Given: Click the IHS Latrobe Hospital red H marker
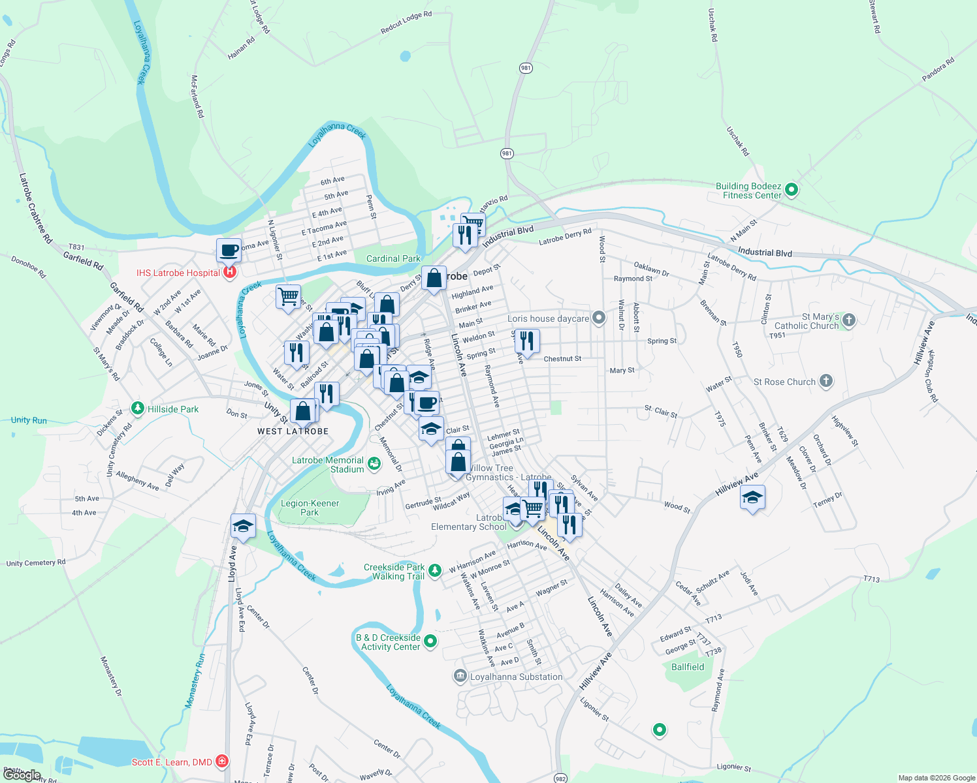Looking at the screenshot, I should point(230,272).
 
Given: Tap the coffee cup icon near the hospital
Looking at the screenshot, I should point(229,251).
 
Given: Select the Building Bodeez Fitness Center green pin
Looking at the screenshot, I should point(792,191).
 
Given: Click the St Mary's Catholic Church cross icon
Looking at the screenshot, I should point(849,320).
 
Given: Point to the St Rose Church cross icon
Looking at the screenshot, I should point(826,381).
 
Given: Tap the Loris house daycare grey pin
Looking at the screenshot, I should point(599,318).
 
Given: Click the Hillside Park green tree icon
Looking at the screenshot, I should point(137,408).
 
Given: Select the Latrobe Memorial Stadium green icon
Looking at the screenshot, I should point(374,463).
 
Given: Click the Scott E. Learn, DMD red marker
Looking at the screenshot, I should point(222,761).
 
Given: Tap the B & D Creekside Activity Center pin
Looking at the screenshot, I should point(430,641).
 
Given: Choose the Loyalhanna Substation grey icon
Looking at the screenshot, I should point(460,676).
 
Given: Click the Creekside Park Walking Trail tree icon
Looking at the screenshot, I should point(436,571).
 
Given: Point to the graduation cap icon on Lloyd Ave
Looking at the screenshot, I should point(243,526).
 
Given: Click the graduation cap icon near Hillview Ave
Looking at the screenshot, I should point(752,498).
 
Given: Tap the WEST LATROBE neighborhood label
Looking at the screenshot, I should point(293,431).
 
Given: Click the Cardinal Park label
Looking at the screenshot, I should point(393,258).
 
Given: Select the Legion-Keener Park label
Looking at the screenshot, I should point(310,508).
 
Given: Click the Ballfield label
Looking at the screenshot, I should point(688,667).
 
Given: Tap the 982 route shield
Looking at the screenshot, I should point(560,778).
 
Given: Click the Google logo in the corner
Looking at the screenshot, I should point(22,775).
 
